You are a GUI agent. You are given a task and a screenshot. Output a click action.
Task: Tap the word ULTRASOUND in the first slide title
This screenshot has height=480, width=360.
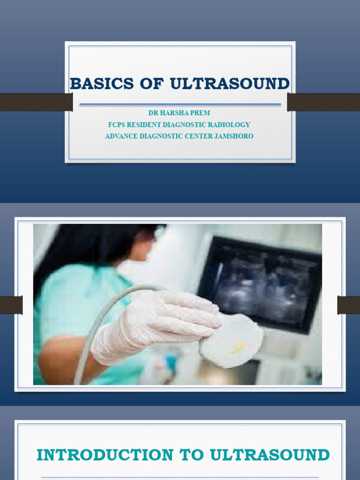coord(230,84)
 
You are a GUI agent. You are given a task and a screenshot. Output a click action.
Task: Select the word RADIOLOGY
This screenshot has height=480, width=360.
coord(231,125)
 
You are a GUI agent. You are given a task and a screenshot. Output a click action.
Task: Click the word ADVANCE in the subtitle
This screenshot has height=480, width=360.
coord(122,136)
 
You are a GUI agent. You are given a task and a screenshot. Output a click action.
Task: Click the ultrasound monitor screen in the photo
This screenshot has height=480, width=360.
coord(262,281)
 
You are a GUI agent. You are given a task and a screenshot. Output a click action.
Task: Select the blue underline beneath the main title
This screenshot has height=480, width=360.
coord(180,104)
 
